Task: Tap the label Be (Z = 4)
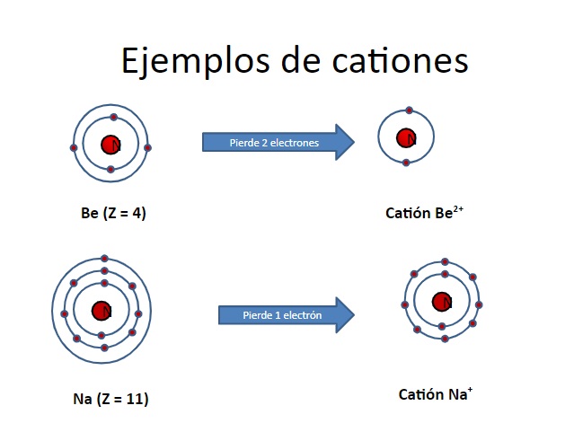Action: [x=113, y=214]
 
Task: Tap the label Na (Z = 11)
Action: [x=110, y=398]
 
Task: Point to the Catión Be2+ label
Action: [x=424, y=213]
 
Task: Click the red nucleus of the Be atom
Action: [x=110, y=144]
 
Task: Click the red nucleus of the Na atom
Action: [x=102, y=311]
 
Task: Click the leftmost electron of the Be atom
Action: [x=74, y=147]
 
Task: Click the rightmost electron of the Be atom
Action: [x=148, y=147]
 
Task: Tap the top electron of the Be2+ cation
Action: [x=410, y=110]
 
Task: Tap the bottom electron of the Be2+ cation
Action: [x=406, y=163]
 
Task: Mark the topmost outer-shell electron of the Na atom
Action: [x=104, y=258]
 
